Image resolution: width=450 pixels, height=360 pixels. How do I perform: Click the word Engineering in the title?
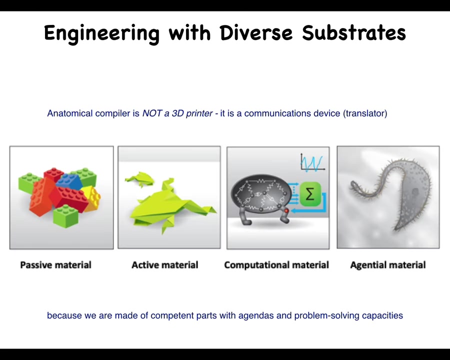pyautogui.click(x=101, y=33)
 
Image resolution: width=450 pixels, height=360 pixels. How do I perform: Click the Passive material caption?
pyautogui.click(x=55, y=264)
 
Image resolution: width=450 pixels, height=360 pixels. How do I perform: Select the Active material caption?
pyautogui.click(x=164, y=264)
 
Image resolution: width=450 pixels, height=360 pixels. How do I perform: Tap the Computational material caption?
pyautogui.click(x=276, y=264)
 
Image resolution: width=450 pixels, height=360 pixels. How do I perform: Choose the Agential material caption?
pyautogui.click(x=387, y=264)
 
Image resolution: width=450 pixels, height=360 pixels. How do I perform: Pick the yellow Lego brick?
pyautogui.click(x=92, y=197)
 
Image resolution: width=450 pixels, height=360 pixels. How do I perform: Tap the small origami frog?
pyautogui.click(x=140, y=178)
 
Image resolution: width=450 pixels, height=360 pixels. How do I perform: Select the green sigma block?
pyautogui.click(x=310, y=194)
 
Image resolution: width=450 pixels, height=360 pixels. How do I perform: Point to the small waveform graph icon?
pyautogui.click(x=312, y=163)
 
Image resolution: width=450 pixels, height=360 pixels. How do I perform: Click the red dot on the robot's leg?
pyautogui.click(x=286, y=211)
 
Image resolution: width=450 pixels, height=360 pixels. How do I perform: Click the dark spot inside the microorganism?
pyautogui.click(x=415, y=191)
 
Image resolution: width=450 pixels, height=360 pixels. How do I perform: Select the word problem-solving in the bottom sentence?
pyautogui.click(x=327, y=315)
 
